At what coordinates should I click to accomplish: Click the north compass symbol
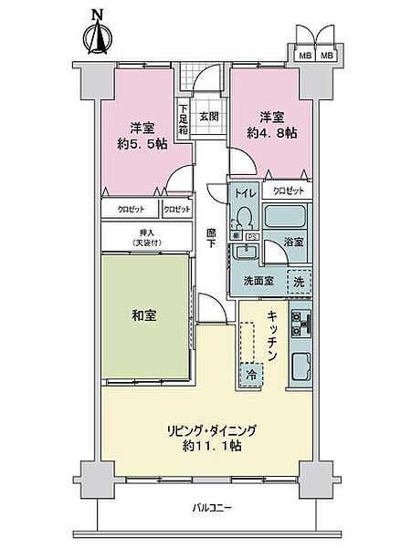97,34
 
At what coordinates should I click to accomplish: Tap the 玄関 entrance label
208,116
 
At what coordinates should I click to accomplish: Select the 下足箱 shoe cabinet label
184,115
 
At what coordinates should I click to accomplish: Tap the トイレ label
243,192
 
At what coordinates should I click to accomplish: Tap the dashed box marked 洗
299,282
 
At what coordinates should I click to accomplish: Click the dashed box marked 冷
250,373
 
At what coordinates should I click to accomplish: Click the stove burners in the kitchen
301,323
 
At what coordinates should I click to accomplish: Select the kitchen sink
301,369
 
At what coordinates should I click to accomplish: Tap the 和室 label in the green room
143,315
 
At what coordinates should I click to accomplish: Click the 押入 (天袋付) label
143,237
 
